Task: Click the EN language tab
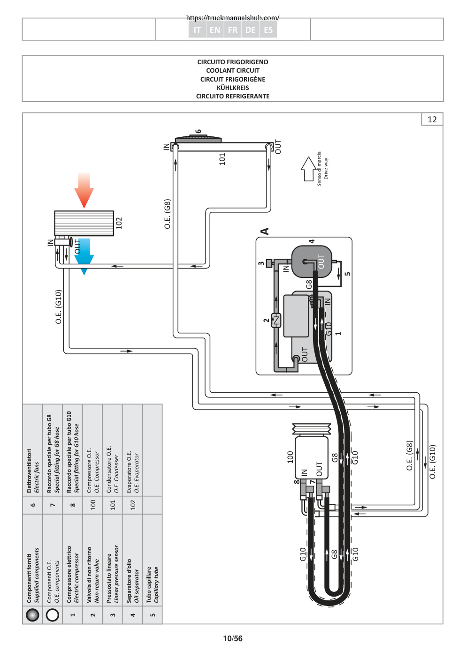click(215, 30)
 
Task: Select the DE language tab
click(250, 30)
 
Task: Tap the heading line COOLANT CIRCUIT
click(233, 70)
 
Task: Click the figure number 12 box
click(432, 119)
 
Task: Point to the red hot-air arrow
click(84, 191)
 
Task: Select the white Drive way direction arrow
click(308, 169)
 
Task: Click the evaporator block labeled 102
click(84, 223)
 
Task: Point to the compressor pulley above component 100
click(312, 429)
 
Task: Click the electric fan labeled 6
click(198, 139)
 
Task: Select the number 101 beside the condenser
click(222, 159)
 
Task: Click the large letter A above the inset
click(265, 231)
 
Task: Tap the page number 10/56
click(233, 638)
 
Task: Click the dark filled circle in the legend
click(32, 615)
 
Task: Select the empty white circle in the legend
click(53, 615)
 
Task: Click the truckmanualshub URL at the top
click(233, 18)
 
